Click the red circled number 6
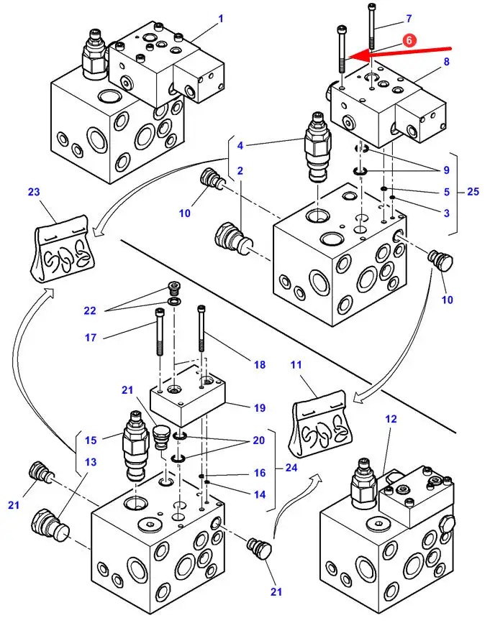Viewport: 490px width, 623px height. tap(408, 42)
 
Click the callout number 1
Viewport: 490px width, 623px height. tap(220, 18)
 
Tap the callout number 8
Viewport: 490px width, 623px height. tap(446, 62)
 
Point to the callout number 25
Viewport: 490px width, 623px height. tap(473, 192)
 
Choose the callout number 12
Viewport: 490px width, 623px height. tap(391, 418)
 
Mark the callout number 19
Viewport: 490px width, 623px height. tap(260, 408)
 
